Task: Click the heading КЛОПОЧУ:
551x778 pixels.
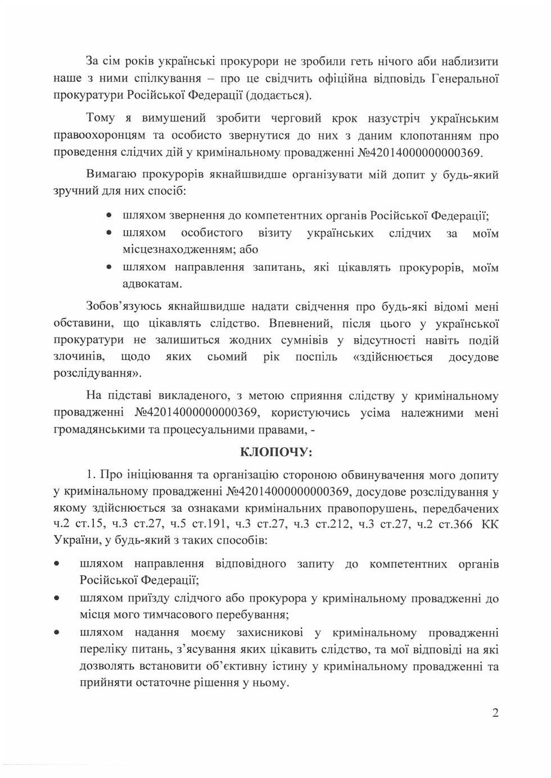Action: coord(275,452)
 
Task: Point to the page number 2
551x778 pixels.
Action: coord(495,713)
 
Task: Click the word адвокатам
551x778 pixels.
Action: coord(152,284)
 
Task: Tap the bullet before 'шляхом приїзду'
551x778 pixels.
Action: coord(56,598)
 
